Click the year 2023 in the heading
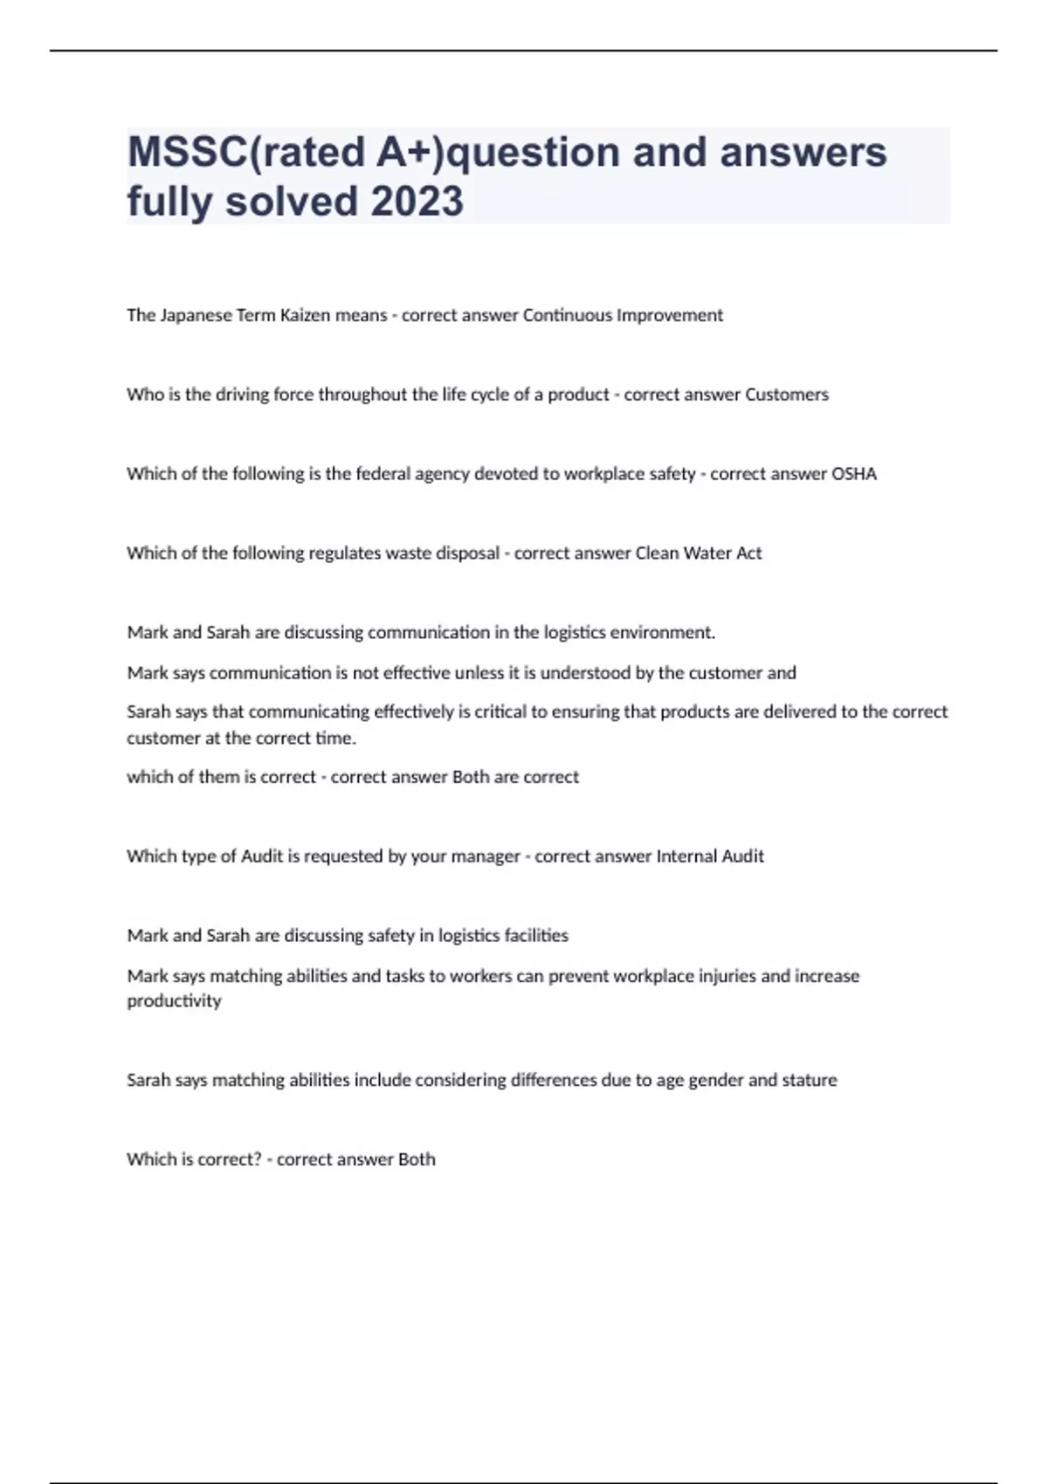[417, 202]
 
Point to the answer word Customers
[786, 395]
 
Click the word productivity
[174, 1001]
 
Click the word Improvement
[670, 315]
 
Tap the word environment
[662, 633]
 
